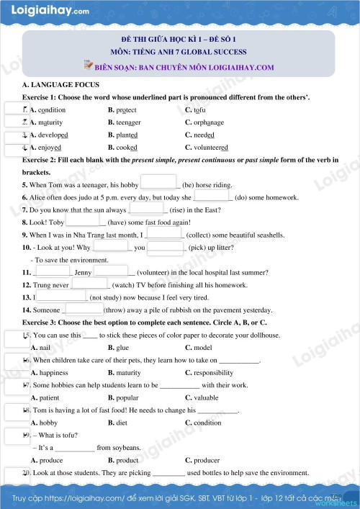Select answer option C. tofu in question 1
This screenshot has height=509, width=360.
(195, 110)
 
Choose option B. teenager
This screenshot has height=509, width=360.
(124, 122)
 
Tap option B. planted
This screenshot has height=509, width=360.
(122, 135)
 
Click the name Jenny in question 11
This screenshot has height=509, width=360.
(83, 273)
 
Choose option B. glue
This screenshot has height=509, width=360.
(118, 347)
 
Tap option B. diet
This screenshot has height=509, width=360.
(117, 423)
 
